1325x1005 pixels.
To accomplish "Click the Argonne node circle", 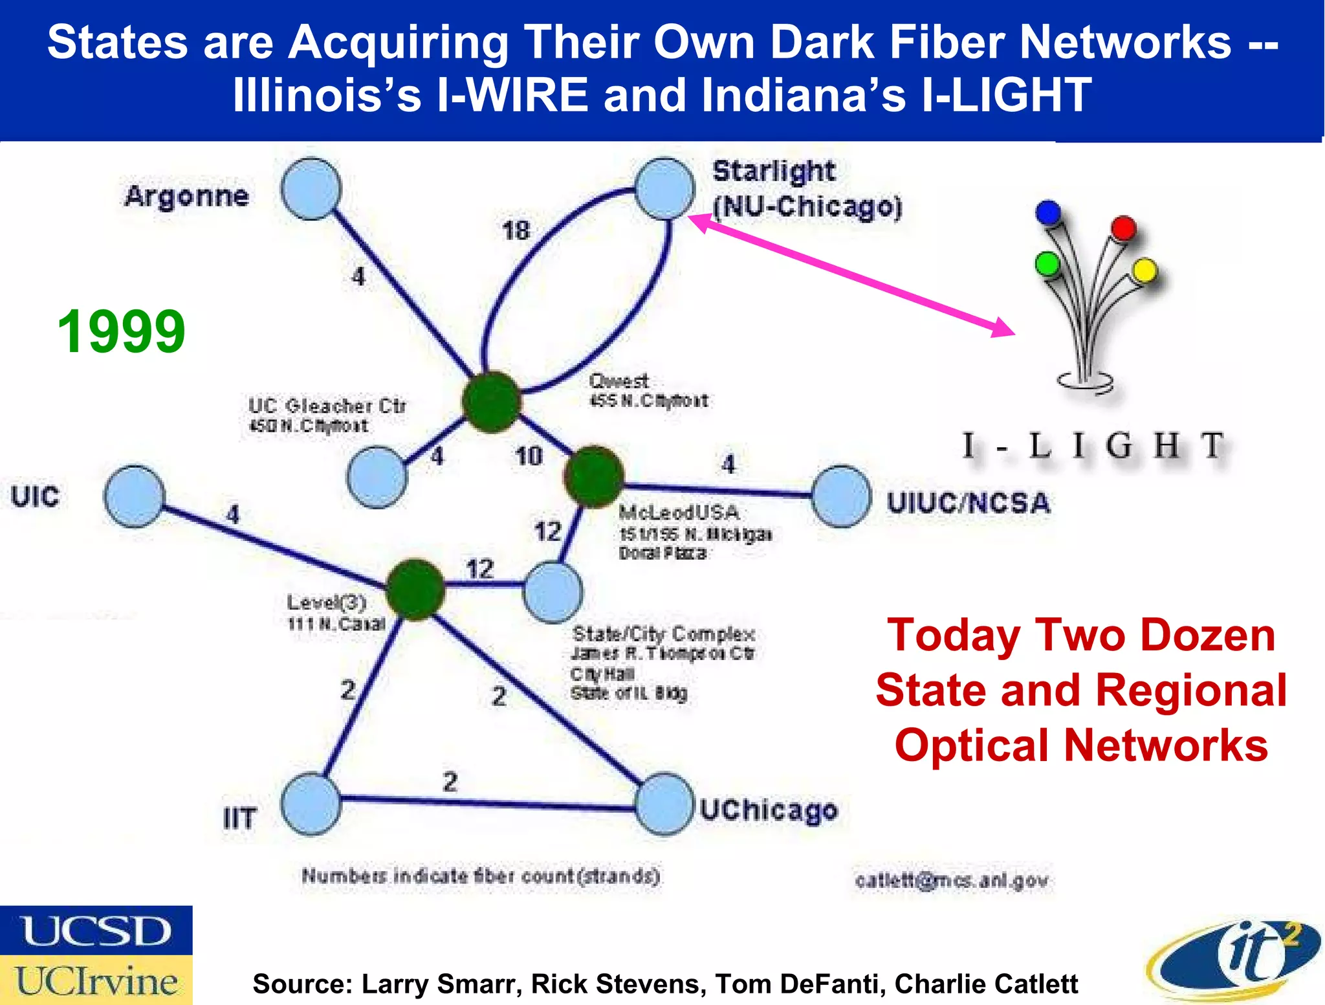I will click(311, 189).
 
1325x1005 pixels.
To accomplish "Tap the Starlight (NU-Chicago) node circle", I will click(664, 188).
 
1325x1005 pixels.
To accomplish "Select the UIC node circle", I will click(135, 496).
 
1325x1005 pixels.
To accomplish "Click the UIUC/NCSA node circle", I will click(841, 496).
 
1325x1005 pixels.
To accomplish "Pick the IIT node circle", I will click(311, 804).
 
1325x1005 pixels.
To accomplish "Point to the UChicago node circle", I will click(664, 804).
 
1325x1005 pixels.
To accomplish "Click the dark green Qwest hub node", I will click(492, 402).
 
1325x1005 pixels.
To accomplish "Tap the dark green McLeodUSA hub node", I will click(594, 476).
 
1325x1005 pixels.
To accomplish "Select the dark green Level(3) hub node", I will click(415, 590).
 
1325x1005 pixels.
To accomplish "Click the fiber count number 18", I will click(516, 230).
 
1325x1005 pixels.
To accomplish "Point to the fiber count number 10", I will click(529, 456).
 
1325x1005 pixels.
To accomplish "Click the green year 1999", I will click(122, 331).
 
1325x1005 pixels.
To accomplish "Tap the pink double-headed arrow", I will click(851, 275).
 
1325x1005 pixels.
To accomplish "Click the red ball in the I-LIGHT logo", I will click(1124, 228).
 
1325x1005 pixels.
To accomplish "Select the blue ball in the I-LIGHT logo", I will click(1048, 212).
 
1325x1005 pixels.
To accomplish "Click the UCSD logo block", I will click(96, 931).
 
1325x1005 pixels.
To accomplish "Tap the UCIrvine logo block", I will click(96, 980).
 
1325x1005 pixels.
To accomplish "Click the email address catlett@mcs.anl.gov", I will click(951, 881).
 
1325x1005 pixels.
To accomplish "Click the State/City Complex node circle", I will click(553, 591).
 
